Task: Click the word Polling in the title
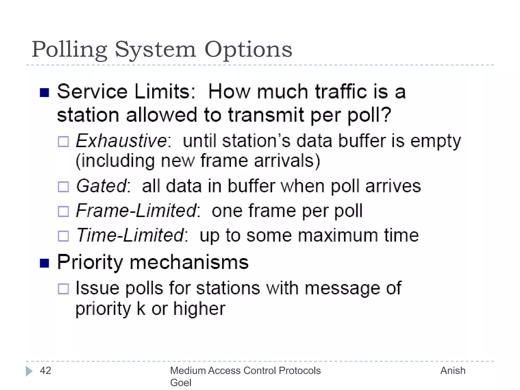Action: point(69,50)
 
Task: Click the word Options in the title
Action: point(248,50)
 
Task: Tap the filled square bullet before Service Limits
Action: point(44,93)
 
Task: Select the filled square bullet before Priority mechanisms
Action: point(44,263)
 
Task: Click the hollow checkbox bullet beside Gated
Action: point(63,187)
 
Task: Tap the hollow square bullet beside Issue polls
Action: point(63,289)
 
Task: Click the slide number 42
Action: point(46,371)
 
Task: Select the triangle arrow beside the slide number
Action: point(29,371)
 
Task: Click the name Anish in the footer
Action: point(453,371)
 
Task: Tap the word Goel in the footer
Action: point(181,383)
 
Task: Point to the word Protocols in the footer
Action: point(300,371)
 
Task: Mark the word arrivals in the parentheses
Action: point(287,161)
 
